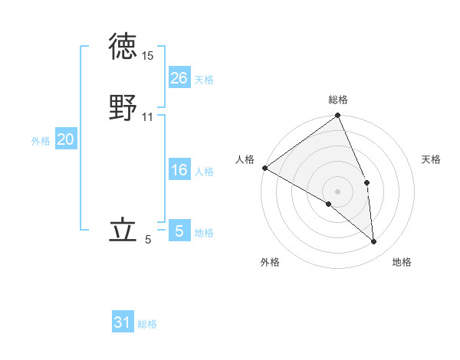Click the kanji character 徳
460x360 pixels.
coord(123,48)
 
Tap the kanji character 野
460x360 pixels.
coord(123,108)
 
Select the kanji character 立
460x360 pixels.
coord(123,231)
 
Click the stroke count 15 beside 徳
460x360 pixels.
coord(147,56)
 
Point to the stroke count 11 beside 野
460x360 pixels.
coord(147,116)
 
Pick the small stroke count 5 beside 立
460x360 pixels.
coord(148,240)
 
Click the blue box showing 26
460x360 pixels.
coord(179,78)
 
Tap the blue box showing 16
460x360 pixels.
coord(179,170)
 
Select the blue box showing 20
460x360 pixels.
coord(66,139)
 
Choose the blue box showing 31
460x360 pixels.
coord(123,322)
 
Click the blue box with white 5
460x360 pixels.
coord(179,231)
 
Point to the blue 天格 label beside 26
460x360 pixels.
coord(204,80)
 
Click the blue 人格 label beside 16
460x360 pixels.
coord(204,172)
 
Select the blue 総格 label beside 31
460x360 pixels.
coord(147,324)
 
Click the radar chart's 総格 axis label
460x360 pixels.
coord(338,100)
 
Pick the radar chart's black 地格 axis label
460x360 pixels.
coord(402,262)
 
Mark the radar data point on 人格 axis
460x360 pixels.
coord(264,168)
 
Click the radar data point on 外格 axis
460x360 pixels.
coord(329,204)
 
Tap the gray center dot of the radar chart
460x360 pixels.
coord(338,191)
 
